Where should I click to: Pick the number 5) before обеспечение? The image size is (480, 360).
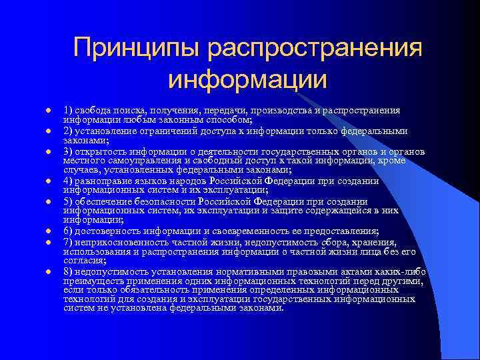69,201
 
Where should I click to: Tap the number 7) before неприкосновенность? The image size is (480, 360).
69,242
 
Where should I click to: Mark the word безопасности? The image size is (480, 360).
160,201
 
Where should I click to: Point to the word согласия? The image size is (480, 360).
81,261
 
